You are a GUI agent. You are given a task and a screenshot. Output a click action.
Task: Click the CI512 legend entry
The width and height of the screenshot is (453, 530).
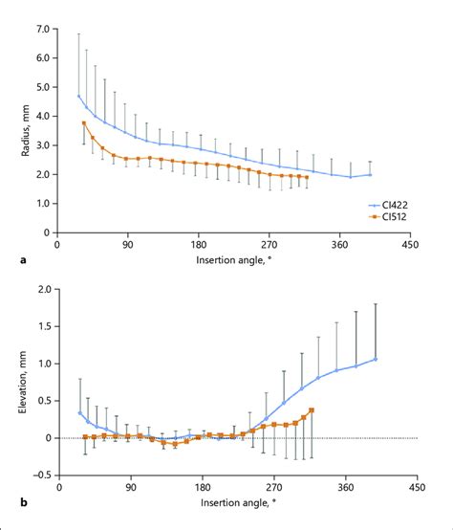click(x=394, y=217)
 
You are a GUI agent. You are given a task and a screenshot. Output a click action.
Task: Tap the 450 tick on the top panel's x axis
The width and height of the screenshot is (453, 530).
click(x=416, y=243)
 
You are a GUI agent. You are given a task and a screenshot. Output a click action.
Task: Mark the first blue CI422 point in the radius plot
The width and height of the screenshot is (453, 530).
click(x=78, y=96)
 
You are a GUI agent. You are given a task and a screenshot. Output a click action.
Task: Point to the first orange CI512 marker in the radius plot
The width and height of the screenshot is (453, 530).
click(x=84, y=122)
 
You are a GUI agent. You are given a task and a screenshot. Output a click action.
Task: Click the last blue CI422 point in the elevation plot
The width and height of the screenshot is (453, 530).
click(x=376, y=360)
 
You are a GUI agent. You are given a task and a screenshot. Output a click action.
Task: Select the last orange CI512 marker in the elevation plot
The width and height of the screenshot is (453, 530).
click(x=312, y=410)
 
